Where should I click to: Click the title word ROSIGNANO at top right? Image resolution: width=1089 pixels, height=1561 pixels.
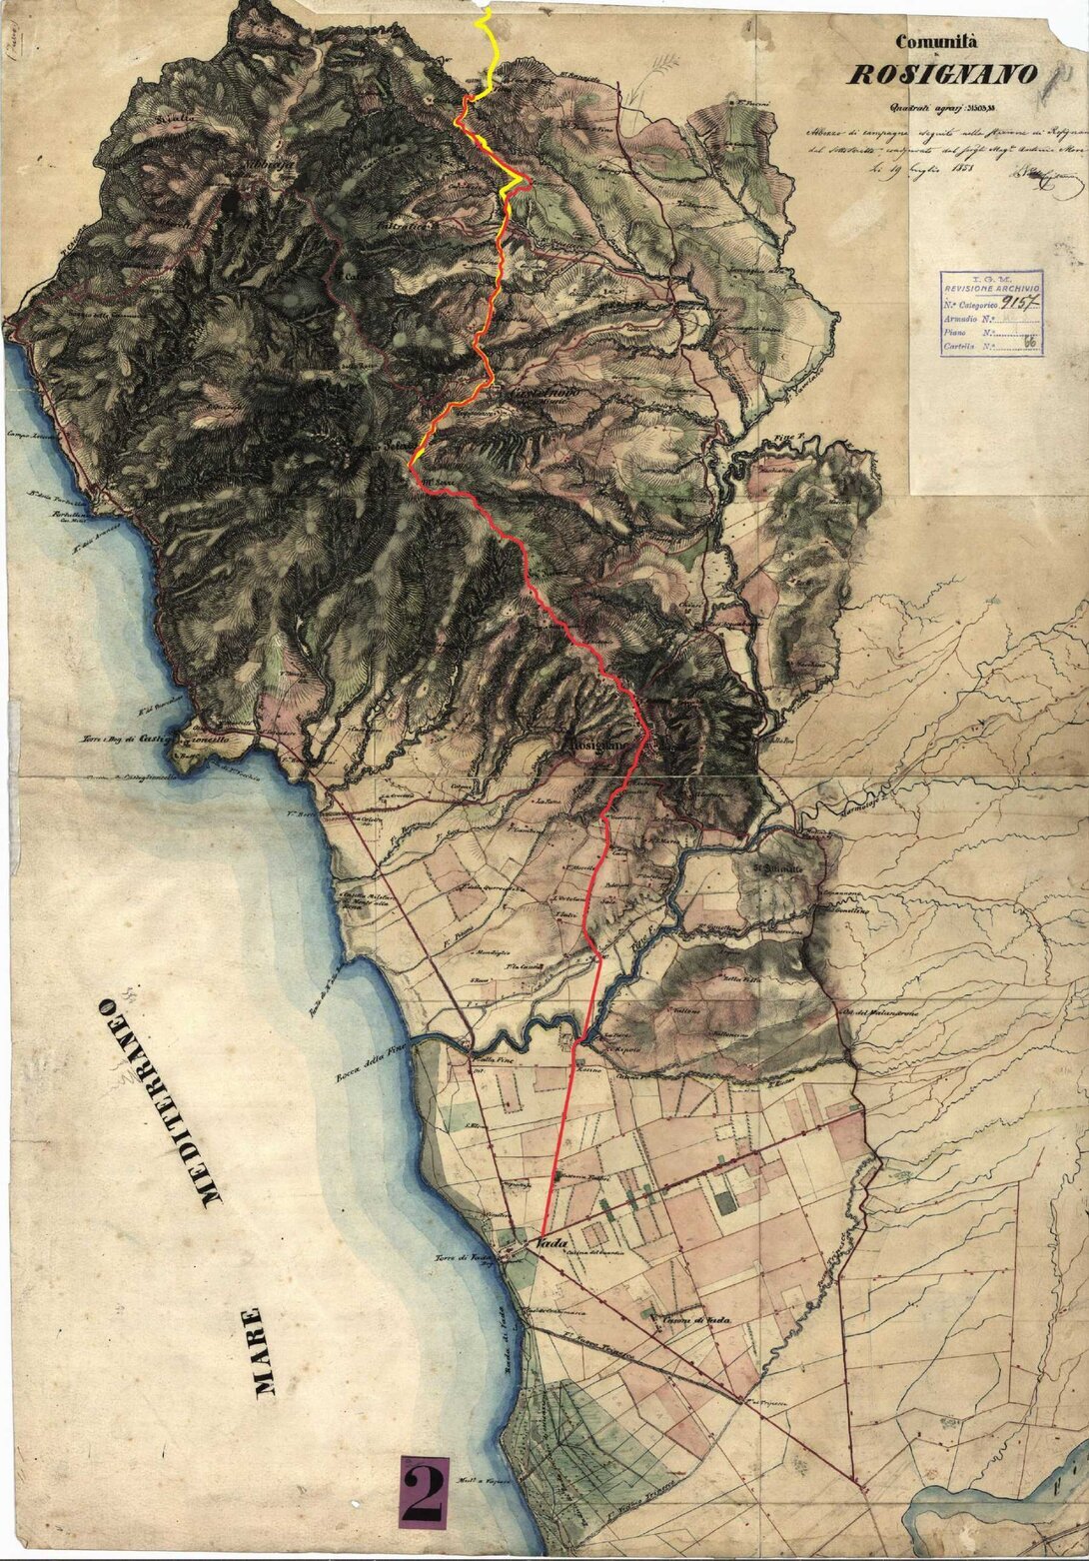[942, 75]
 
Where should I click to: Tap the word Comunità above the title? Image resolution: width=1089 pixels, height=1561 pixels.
[936, 42]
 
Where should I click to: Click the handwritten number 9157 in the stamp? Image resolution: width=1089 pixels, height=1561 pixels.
[1019, 301]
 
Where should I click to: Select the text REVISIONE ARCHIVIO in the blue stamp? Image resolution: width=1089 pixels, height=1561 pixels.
[992, 288]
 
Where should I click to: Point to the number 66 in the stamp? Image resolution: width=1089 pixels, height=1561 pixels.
[1028, 345]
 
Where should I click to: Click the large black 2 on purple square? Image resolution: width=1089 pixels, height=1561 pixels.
[425, 1492]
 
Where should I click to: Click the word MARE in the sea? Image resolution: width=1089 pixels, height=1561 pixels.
[259, 1351]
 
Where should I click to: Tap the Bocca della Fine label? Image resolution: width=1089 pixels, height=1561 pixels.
[369, 1063]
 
